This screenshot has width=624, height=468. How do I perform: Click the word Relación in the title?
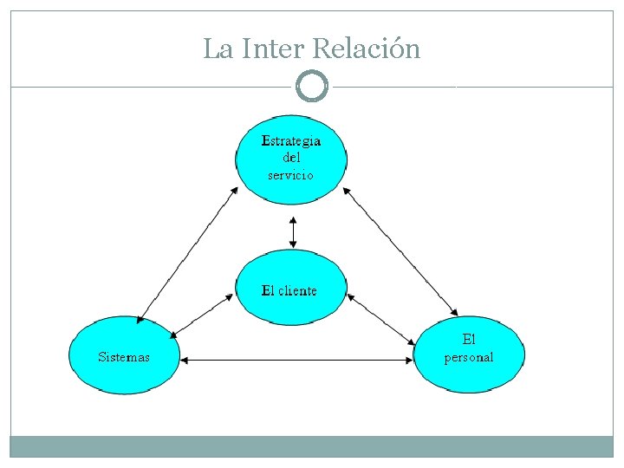click(x=365, y=49)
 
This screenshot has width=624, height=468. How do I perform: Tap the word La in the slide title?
click(x=218, y=49)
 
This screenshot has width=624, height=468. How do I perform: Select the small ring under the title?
click(x=312, y=87)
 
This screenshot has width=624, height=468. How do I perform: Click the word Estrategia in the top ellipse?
click(x=292, y=140)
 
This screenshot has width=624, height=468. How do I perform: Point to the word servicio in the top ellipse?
click(x=291, y=174)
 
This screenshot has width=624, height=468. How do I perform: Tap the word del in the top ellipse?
click(x=292, y=158)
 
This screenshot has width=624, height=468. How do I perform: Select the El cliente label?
click(x=289, y=290)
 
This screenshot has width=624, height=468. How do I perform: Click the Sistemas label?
click(x=124, y=356)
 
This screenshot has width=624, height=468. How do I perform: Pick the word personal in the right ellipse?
click(x=469, y=357)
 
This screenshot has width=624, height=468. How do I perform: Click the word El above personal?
click(x=469, y=339)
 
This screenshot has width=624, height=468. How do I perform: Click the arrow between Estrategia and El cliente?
click(x=293, y=231)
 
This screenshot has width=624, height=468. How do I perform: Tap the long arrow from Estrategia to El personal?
click(x=400, y=250)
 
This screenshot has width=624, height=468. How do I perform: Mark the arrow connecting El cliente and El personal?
click(x=381, y=318)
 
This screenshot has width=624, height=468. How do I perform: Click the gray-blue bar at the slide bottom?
click(x=312, y=446)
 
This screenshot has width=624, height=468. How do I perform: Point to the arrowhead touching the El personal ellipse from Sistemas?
click(x=411, y=360)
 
